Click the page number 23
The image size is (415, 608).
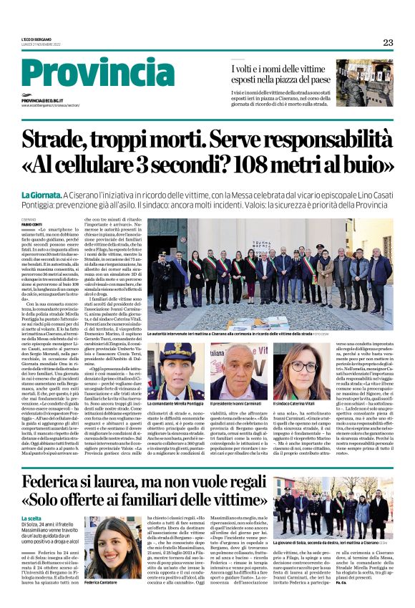pyautogui.click(x=388, y=42)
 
